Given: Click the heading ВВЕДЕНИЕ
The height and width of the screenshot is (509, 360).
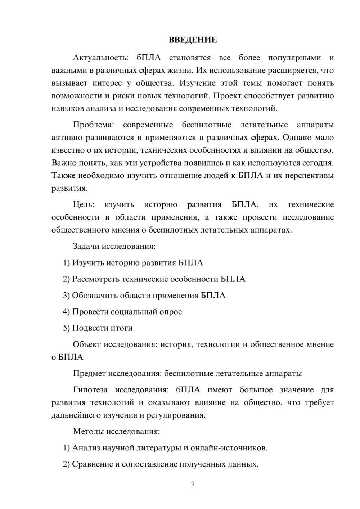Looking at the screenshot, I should [193, 40].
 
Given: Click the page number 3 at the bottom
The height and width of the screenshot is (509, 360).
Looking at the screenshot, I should [193, 485].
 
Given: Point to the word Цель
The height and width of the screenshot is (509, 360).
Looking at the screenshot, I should [84, 204].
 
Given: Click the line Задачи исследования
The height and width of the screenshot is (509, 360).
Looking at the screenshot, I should [114, 246].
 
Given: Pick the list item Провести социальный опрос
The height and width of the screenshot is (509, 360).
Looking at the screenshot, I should [127, 312].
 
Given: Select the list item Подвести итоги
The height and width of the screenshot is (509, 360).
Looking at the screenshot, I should [102, 328].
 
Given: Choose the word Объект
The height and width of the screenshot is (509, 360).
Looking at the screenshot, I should [87, 344].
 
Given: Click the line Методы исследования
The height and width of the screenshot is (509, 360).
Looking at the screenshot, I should [116, 431].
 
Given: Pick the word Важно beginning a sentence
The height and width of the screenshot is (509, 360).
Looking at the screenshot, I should [62, 163].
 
